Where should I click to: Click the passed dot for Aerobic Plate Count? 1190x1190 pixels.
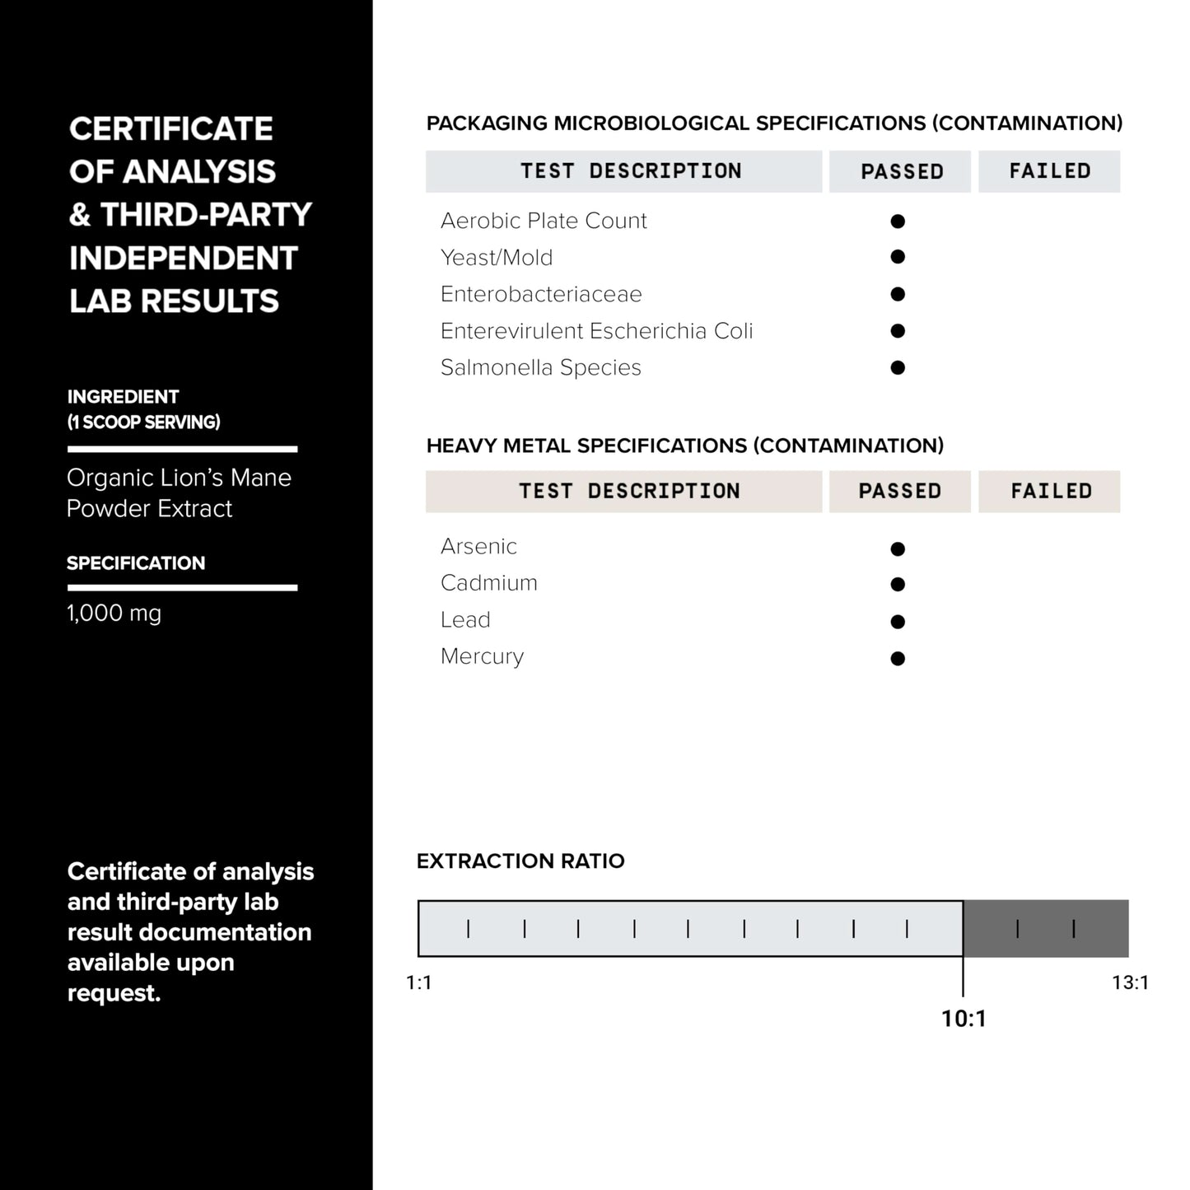898,221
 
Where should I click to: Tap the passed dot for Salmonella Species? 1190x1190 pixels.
898,367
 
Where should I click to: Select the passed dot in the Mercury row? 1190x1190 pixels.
898,658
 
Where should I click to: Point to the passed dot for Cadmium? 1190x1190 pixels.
898,585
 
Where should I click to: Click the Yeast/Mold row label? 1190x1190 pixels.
497,258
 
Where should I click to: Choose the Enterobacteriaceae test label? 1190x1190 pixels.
541,294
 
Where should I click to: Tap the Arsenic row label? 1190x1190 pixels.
478,546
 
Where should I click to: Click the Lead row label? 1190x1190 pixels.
465,619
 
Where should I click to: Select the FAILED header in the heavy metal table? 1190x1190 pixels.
1051,491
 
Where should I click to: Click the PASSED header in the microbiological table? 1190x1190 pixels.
902,171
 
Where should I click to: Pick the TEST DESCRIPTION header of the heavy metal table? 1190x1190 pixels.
629,491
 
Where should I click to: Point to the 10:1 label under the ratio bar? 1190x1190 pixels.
964,1019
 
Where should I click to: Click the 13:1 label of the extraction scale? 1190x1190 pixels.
1130,982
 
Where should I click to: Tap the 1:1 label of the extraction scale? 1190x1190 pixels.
419,982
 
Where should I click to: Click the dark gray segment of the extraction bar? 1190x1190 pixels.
1046,928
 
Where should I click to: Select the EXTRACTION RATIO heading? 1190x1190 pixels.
520,861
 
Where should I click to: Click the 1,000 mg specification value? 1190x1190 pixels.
114,614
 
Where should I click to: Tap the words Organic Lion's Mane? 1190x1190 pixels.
179,478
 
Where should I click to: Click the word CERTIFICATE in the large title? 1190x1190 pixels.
170,128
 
